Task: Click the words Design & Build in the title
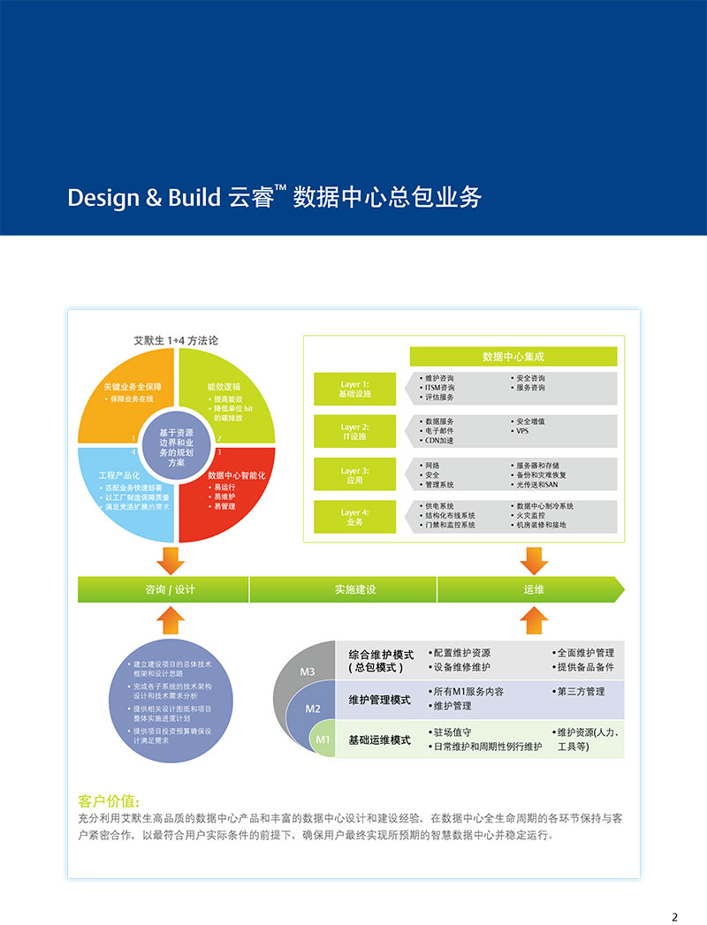[143, 196]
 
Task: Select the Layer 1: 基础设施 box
[355, 389]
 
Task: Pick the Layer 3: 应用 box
[355, 475]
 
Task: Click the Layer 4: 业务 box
[355, 517]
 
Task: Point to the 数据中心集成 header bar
[513, 357]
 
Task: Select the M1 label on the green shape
[323, 739]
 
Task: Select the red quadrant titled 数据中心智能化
[230, 490]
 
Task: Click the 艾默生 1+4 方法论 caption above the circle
[176, 339]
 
